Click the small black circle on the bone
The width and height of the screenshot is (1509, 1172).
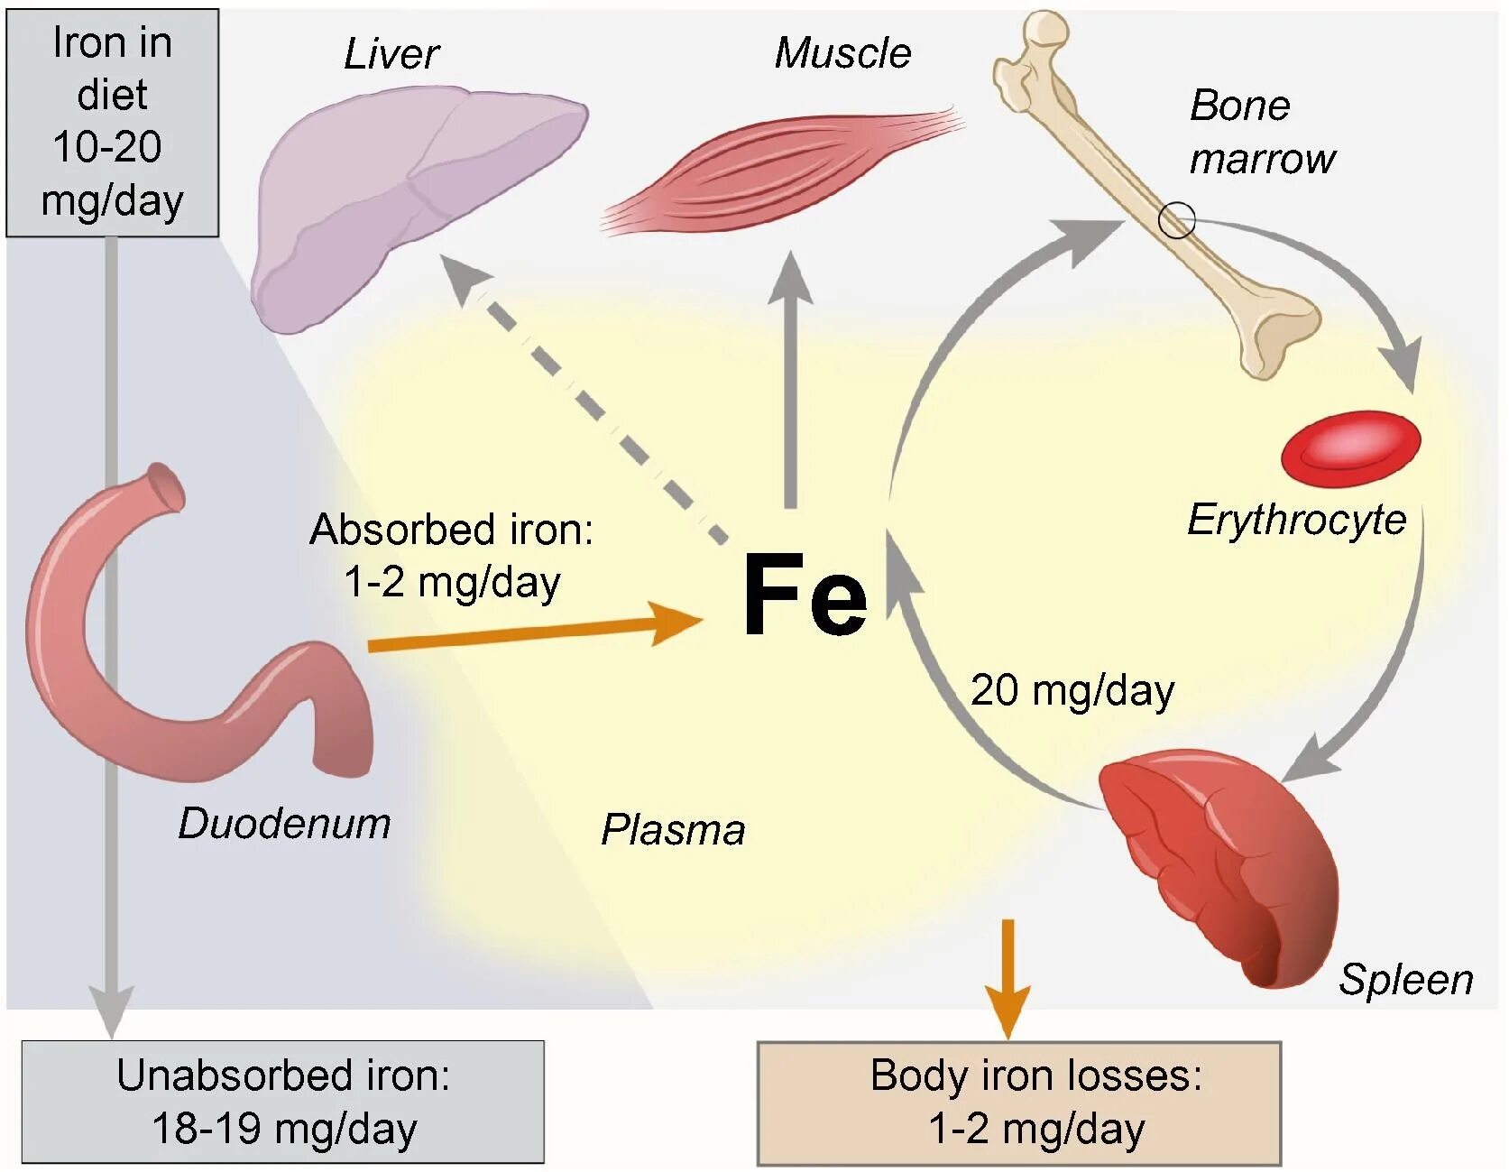tap(1176, 219)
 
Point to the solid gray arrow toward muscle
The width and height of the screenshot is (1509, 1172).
tap(791, 379)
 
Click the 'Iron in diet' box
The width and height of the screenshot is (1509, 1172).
tap(112, 123)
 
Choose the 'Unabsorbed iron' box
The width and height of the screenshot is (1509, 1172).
tap(282, 1102)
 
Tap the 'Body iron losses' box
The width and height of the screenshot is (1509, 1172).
tap(1018, 1103)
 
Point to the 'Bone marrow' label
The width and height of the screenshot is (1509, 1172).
tap(1260, 132)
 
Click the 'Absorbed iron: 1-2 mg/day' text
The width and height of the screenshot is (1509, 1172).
tap(451, 555)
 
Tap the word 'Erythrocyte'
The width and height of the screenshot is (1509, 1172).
tap(1296, 521)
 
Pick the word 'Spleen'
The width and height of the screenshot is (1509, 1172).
tap(1405, 979)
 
